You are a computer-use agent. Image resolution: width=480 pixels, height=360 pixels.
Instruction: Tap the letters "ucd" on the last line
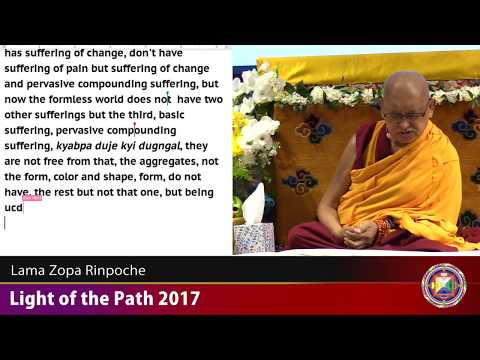[x=14, y=207]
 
